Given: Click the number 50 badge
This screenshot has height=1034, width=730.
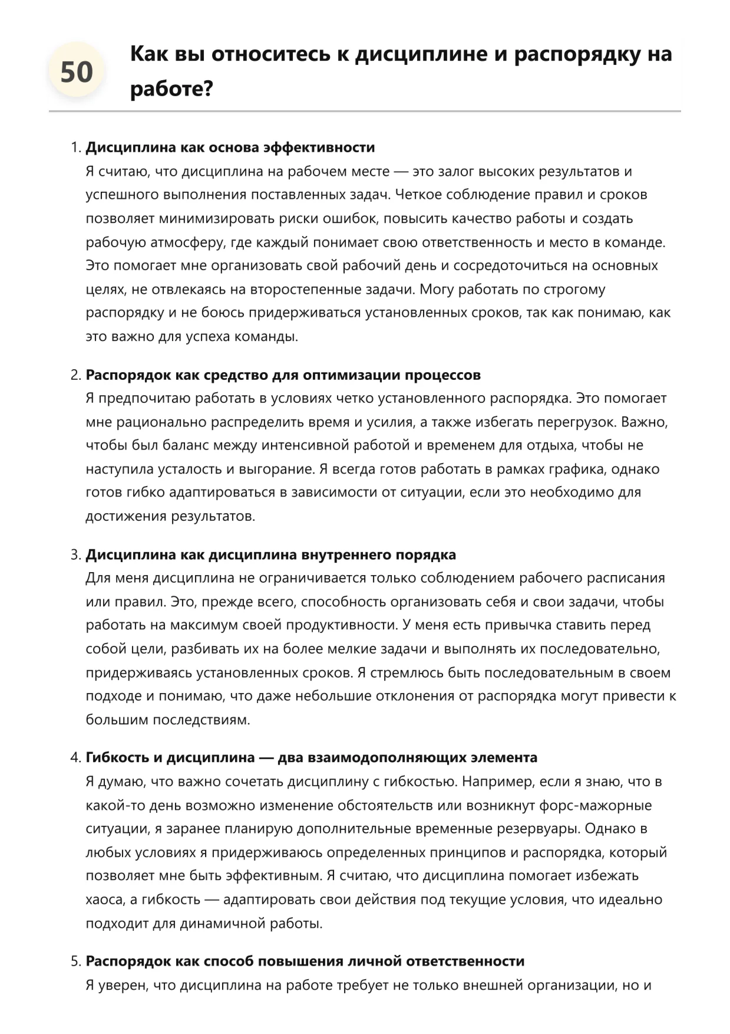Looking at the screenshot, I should point(77,72).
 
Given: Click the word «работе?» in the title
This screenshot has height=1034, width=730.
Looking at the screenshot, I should point(171,89).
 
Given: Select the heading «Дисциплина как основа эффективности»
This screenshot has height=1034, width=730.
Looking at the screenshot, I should point(230,147).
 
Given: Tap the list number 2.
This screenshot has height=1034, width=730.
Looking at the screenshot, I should point(75,375).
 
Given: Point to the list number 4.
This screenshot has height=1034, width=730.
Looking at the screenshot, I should point(75,757).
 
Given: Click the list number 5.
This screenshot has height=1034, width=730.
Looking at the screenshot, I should point(75,961).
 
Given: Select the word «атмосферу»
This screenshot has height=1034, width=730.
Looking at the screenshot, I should point(190,242).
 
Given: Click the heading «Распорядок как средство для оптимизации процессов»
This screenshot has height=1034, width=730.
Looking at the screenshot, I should point(283,375).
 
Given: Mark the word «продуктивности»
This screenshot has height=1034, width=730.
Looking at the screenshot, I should point(341,625).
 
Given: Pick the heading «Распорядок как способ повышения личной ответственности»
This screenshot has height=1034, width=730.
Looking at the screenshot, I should point(305,961).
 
